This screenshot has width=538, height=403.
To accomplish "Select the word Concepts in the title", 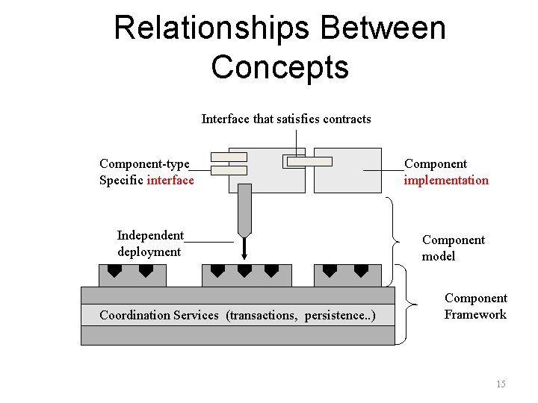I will coord(279,66).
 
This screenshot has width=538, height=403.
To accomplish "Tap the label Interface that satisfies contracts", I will coord(286,119).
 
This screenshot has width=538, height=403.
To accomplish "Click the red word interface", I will coord(170,180).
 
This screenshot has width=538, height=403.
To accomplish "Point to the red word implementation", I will coord(446,180).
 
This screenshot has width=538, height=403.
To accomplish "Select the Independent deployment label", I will coord(150,243).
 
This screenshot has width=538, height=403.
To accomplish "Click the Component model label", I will coord(453,248).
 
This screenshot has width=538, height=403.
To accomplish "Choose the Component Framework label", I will coord(475,306).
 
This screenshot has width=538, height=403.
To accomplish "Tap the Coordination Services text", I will coord(159,315).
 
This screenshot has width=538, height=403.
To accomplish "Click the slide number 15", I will coord(501,384).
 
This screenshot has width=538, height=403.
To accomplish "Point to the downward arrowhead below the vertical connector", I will coord(244,257).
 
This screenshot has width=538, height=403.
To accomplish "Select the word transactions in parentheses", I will coord(263,315).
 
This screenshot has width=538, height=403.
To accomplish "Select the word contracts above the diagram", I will coord(347,119).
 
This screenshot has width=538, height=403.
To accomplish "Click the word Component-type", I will coord(144,163).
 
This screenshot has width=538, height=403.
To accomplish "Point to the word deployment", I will coord(149,252).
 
